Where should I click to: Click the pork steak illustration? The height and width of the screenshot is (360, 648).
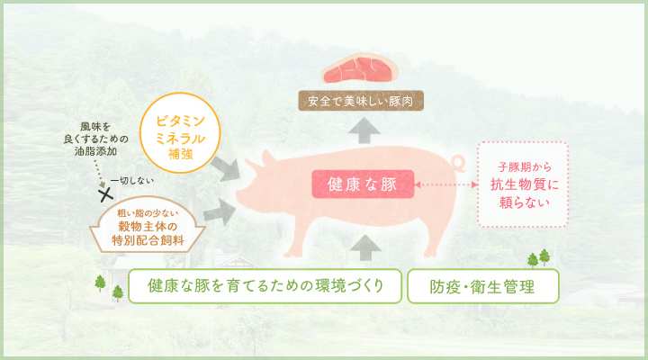click(360, 68)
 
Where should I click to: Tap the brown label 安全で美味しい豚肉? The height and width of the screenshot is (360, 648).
click(361, 101)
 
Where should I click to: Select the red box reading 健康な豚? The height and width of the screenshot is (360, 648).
click(363, 184)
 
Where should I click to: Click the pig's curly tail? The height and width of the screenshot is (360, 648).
click(457, 163)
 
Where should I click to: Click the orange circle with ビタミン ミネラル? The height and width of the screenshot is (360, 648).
click(180, 132)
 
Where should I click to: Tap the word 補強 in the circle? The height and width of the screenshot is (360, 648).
click(180, 154)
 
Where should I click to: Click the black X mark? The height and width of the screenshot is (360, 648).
click(106, 193)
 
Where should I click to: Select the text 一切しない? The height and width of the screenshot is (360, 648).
click(131, 181)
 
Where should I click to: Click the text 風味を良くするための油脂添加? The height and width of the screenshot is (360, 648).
click(96, 139)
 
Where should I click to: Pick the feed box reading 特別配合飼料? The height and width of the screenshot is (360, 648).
click(148, 225)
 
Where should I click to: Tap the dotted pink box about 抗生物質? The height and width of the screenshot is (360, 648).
click(523, 184)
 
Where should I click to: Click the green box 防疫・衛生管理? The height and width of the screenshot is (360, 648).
click(482, 286)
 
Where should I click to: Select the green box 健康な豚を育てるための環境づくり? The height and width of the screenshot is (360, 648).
click(265, 286)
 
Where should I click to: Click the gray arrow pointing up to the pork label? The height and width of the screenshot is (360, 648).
click(364, 130)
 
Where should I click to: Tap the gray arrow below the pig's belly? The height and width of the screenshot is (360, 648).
click(365, 247)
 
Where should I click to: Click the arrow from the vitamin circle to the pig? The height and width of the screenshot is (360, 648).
click(226, 168)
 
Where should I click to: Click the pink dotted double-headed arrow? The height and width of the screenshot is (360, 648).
click(445, 184)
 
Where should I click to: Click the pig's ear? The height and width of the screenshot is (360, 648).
click(268, 158)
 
